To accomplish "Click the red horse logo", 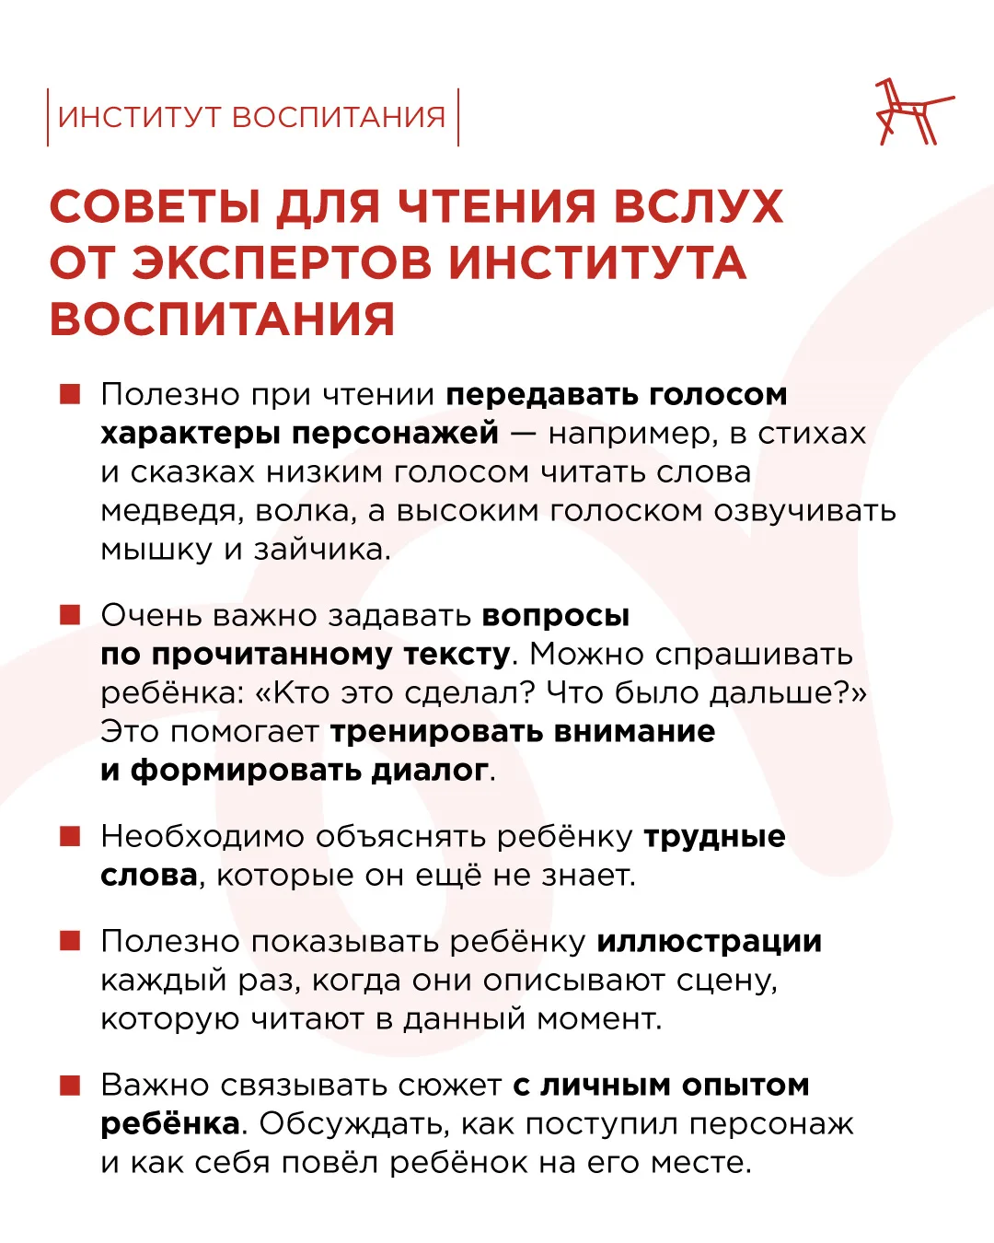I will click(911, 113).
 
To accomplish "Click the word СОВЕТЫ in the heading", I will click(155, 206).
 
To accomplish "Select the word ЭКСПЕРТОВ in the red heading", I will click(282, 262).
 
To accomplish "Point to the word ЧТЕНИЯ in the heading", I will click(496, 206).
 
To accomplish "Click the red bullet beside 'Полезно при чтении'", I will click(70, 394).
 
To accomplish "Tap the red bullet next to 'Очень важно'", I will click(70, 615).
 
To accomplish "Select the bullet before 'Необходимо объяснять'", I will click(70, 836).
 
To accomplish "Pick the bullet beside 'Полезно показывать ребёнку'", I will click(70, 941).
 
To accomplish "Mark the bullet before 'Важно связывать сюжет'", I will click(70, 1085).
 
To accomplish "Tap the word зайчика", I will click(321, 551).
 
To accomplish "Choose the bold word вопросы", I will click(556, 616).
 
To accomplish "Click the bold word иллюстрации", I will click(710, 942).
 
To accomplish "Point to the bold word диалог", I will click(429, 770).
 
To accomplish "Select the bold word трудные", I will click(714, 837).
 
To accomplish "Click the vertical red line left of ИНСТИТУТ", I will click(48, 117).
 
